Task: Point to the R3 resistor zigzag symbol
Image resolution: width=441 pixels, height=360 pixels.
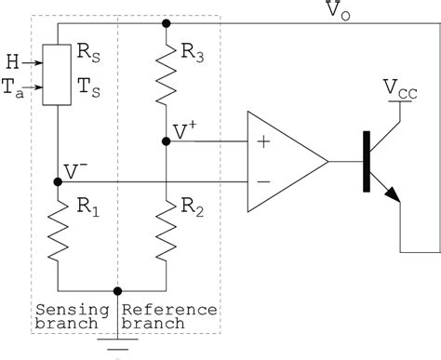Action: coord(165,77)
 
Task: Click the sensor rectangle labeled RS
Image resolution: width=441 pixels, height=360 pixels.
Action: coord(58,77)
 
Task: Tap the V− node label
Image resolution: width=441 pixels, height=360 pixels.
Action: coord(77,171)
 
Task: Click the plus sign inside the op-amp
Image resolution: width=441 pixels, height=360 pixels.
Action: coord(263,141)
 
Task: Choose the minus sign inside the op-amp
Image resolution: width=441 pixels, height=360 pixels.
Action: coord(263,181)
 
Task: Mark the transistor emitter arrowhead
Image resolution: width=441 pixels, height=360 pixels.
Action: coord(393,194)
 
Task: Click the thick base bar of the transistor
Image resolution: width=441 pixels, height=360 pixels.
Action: coord(367,161)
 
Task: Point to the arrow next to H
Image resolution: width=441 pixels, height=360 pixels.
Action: coord(33,64)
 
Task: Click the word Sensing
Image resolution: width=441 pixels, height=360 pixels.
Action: coord(62,310)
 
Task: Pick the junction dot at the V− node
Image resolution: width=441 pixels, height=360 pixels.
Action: coord(59,181)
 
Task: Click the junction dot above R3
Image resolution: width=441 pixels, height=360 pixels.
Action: coord(165,23)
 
